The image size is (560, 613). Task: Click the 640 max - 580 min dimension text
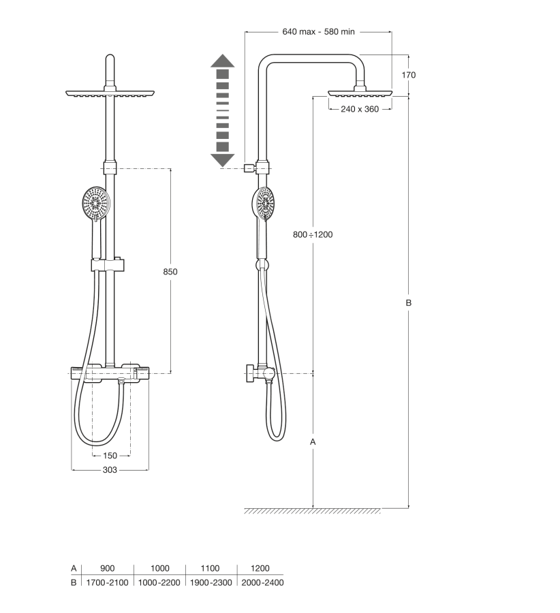coord(318,31)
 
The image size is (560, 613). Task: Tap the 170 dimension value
coord(408,75)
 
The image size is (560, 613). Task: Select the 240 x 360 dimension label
coord(359,109)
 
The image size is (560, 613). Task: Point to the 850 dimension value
coord(170,271)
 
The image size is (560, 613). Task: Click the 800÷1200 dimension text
coord(312,234)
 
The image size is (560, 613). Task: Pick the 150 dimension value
coord(110,456)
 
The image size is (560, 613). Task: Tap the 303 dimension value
coord(110,470)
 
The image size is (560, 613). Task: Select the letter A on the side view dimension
coord(313,441)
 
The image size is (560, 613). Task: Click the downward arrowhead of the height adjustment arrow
coord(222,160)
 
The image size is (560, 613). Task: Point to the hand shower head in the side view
coord(263,204)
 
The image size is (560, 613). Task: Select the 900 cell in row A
coord(107,568)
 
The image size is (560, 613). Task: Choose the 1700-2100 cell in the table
coord(107,582)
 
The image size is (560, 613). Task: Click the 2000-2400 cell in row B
coord(260,582)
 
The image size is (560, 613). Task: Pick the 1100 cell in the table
coord(211,568)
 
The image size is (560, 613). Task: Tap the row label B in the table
coord(74,582)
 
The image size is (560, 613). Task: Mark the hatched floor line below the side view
coord(313,511)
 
